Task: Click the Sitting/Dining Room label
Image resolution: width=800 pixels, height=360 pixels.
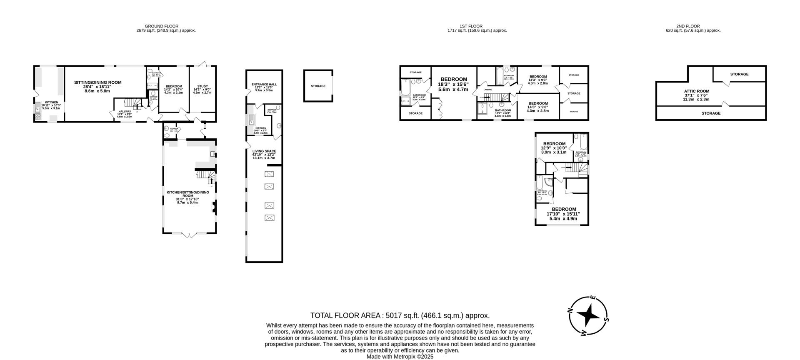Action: (x=98, y=82)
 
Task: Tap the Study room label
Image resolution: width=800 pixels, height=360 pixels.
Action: (x=202, y=87)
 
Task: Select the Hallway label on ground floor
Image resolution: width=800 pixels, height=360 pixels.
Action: (x=124, y=112)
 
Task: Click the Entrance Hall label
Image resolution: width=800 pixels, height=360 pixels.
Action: (x=264, y=85)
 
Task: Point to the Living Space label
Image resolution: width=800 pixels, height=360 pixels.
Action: (x=264, y=151)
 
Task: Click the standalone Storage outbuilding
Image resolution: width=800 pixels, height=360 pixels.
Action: (x=318, y=86)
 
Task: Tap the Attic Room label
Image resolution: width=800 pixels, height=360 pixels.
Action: (x=696, y=91)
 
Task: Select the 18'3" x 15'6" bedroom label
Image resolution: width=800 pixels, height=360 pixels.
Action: (x=454, y=79)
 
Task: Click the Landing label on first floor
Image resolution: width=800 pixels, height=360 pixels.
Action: (x=487, y=90)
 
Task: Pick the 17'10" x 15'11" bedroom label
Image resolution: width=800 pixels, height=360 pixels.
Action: (x=563, y=209)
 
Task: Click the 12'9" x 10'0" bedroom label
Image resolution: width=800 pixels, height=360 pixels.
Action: (x=554, y=144)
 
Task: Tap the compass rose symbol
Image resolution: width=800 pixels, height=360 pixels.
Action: (x=588, y=315)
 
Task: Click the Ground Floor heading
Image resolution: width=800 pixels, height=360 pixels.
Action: (x=166, y=26)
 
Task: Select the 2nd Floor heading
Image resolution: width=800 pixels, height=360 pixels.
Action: (x=693, y=26)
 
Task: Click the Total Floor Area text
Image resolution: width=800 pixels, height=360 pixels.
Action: (x=400, y=315)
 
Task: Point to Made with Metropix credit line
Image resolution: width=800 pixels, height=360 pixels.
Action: (x=400, y=357)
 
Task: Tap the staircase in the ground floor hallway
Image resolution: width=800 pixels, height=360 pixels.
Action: (x=134, y=103)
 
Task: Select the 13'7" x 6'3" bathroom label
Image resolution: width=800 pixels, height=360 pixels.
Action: (x=502, y=110)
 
